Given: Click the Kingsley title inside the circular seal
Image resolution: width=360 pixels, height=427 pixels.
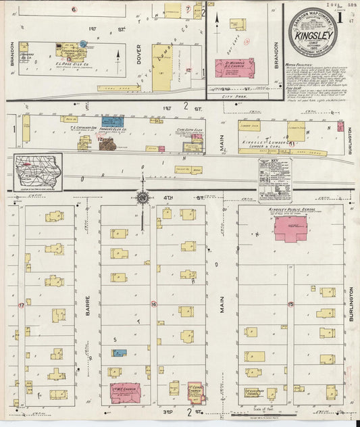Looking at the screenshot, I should (315, 33).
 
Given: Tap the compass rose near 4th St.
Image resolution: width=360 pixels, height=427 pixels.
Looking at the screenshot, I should (143, 197).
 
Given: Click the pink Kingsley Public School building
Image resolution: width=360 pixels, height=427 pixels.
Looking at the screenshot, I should (290, 228).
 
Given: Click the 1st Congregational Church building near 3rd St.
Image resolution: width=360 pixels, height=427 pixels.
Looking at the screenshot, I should (194, 393).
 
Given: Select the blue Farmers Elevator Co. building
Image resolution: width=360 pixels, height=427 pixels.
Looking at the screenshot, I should (112, 122).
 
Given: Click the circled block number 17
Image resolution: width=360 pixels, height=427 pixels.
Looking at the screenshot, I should (22, 305).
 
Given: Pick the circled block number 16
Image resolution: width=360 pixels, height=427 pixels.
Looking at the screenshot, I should (153, 304).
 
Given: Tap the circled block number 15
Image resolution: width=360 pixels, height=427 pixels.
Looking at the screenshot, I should (291, 305).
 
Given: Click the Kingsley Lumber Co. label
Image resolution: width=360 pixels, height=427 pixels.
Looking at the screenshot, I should (262, 144).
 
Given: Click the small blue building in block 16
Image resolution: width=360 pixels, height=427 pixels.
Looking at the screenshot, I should (120, 353).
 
